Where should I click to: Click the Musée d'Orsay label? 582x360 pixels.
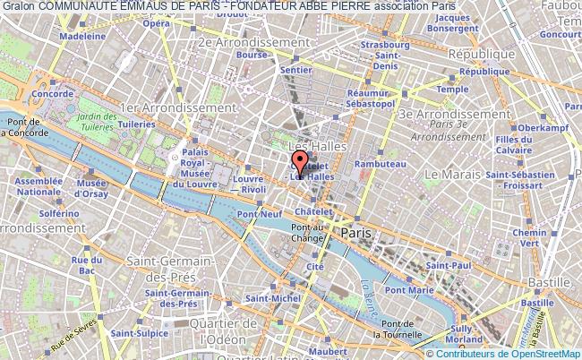click(x=90, y=188)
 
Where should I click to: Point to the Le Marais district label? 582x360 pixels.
click(x=453, y=173)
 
